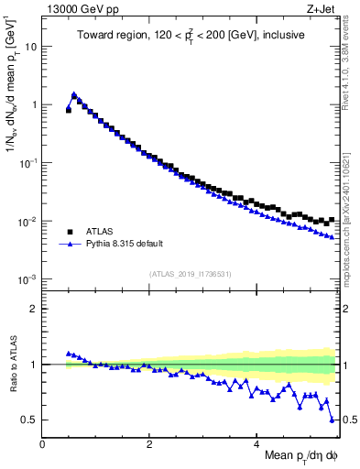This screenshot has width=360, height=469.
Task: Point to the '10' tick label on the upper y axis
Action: point(31,46)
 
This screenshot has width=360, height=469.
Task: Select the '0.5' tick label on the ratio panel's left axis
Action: point(30,420)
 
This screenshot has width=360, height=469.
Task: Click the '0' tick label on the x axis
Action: point(43,443)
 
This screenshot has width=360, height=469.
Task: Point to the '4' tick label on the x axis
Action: point(256,443)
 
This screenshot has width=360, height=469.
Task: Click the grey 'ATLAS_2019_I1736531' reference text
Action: point(190,274)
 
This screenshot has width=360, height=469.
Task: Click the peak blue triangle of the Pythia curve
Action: point(74,94)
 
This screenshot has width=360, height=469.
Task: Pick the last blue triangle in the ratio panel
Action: point(332,420)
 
